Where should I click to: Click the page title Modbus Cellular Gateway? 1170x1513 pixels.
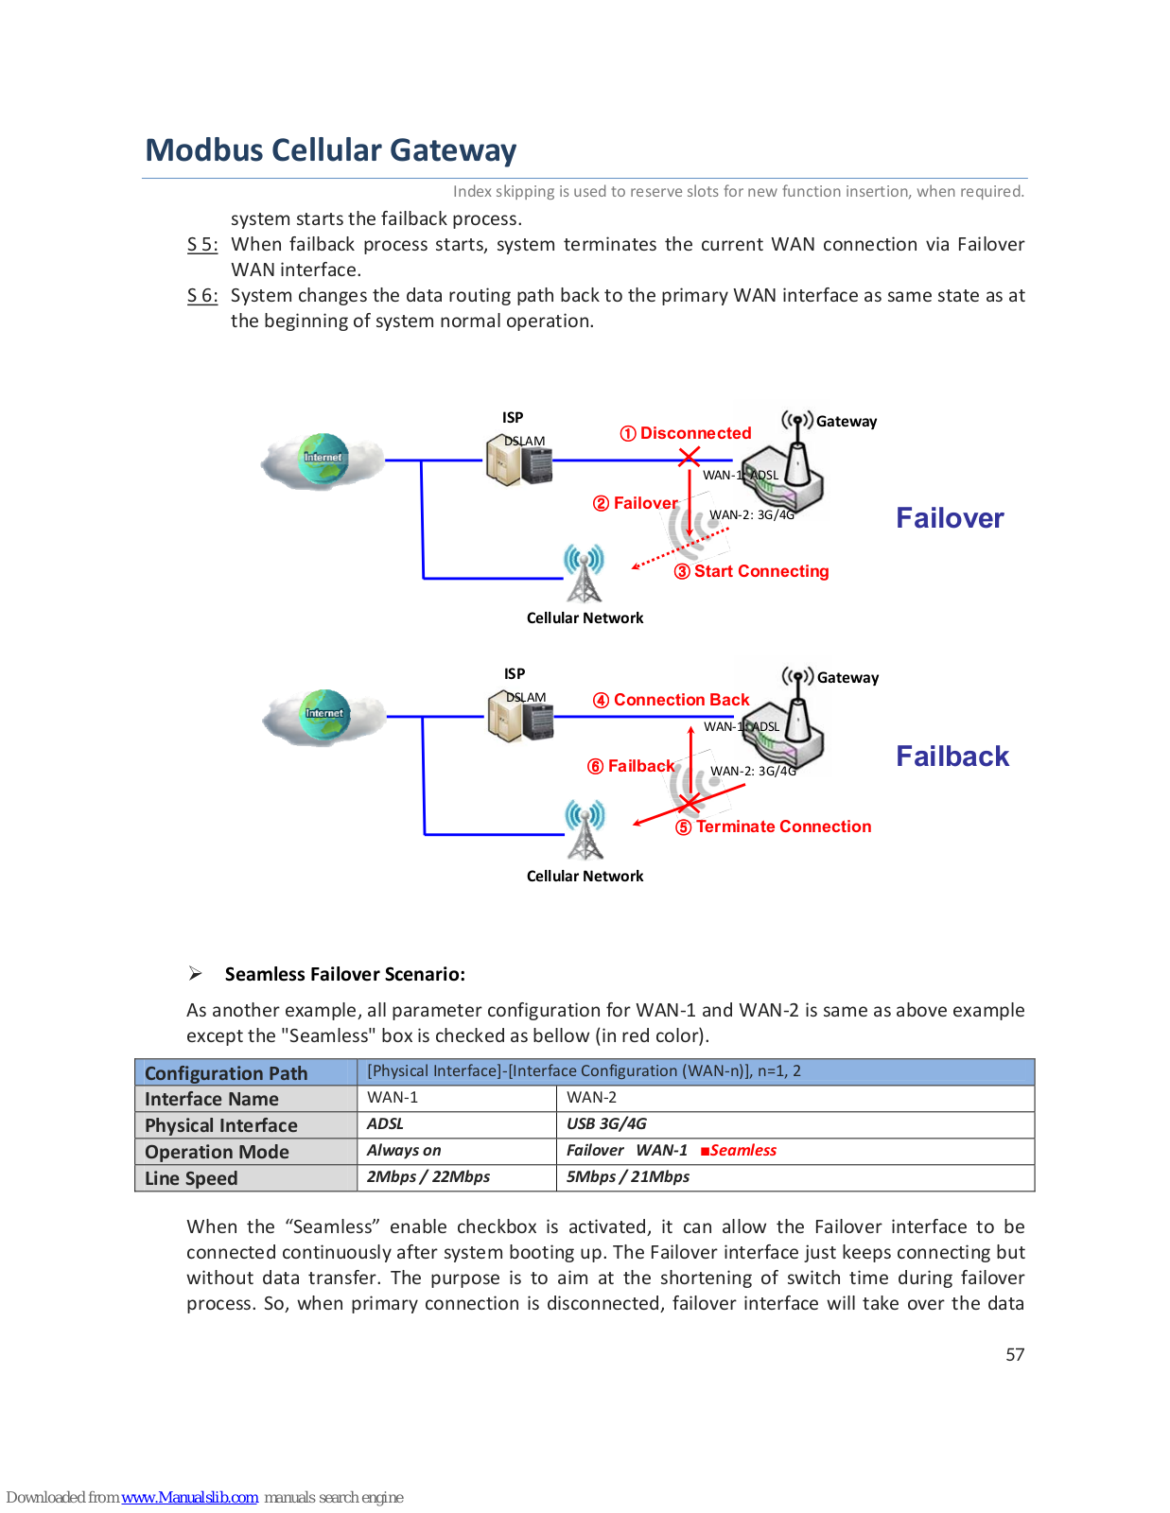[331, 149]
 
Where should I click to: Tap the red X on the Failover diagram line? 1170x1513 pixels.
[689, 458]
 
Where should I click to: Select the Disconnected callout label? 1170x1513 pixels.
[686, 433]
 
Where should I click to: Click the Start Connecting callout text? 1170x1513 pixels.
[751, 571]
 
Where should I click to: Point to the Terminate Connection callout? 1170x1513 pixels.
[773, 826]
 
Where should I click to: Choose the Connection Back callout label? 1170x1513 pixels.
[671, 700]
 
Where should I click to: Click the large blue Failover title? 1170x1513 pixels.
[950, 518]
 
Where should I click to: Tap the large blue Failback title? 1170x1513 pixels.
[952, 756]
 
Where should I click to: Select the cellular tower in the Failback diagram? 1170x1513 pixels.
[585, 829]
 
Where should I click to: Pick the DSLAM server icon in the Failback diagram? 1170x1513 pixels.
[521, 716]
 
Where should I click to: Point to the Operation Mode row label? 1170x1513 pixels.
[217, 1152]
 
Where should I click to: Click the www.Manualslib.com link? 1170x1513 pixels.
[189, 1497]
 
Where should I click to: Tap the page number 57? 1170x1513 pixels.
[1015, 1354]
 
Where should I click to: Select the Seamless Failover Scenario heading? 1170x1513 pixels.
[344, 974]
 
